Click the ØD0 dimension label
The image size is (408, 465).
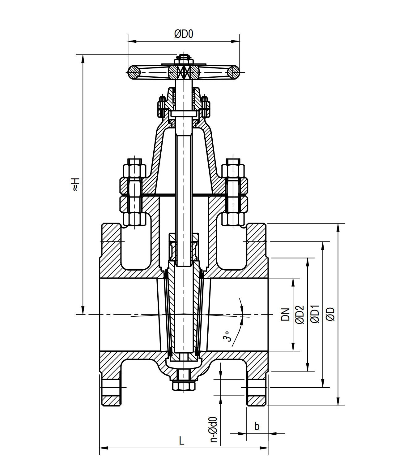(x=184, y=34)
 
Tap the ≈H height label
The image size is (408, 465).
(x=75, y=184)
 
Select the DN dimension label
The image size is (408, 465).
(x=286, y=314)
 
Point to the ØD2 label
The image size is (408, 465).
(x=300, y=314)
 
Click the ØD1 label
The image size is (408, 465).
(x=315, y=314)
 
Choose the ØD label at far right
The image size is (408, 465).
(x=330, y=314)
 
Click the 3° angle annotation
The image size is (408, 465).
(x=227, y=336)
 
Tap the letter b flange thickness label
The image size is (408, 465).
(x=257, y=426)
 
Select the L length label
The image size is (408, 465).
(x=182, y=440)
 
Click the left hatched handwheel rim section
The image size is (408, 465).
(x=134, y=72)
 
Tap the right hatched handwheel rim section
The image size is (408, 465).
(x=233, y=72)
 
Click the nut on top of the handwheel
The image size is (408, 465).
(x=184, y=58)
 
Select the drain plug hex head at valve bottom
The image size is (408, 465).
(x=184, y=386)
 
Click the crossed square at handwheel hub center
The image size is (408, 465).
(x=184, y=72)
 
